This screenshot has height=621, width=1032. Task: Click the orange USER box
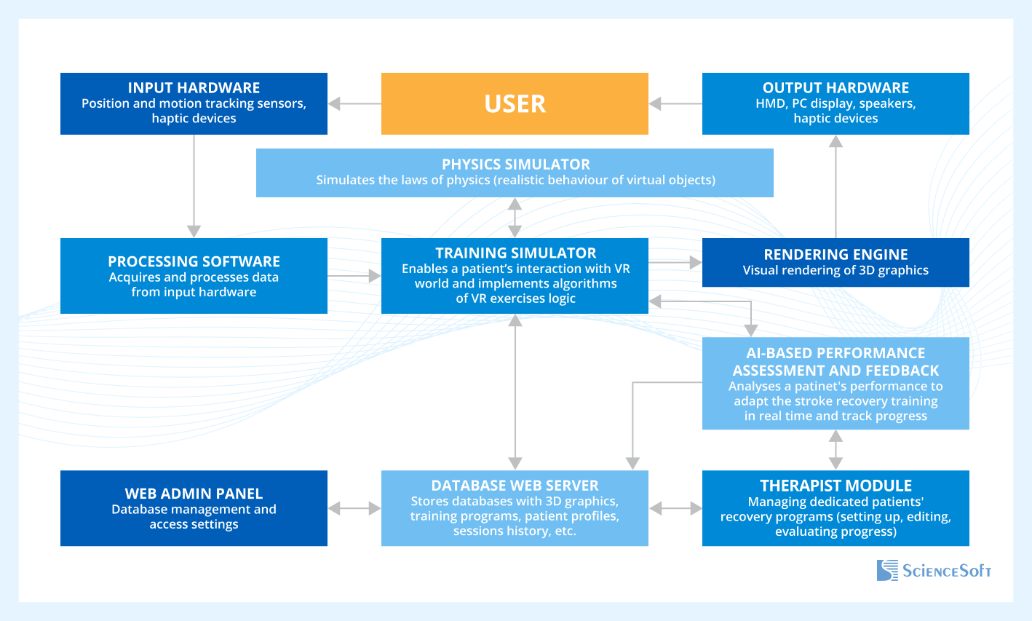coord(515,104)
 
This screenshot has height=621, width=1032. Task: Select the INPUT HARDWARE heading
coord(194,88)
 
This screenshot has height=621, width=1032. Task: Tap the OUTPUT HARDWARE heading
coord(835,88)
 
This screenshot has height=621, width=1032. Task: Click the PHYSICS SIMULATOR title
coord(515,165)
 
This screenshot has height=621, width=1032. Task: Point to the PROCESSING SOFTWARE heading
coord(194,261)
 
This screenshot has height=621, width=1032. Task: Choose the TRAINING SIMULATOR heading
coord(515,253)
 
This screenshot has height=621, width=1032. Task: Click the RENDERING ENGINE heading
coord(835,255)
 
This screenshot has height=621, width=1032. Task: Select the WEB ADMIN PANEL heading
coord(194,494)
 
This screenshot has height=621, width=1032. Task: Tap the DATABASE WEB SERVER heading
coord(515,486)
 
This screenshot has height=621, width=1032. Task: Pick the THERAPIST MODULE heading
coord(835,486)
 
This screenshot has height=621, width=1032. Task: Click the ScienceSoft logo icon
coord(887,570)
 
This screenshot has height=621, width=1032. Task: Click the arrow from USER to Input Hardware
coord(354,104)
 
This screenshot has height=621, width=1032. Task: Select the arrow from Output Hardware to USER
coord(675,104)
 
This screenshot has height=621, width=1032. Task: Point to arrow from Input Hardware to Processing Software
coord(194,186)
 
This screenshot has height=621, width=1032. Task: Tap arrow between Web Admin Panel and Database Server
coord(354,508)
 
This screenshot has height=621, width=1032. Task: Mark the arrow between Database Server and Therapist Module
coord(675,508)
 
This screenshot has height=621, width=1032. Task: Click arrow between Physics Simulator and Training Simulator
coord(515,218)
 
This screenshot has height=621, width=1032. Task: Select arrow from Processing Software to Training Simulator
coord(354,276)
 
